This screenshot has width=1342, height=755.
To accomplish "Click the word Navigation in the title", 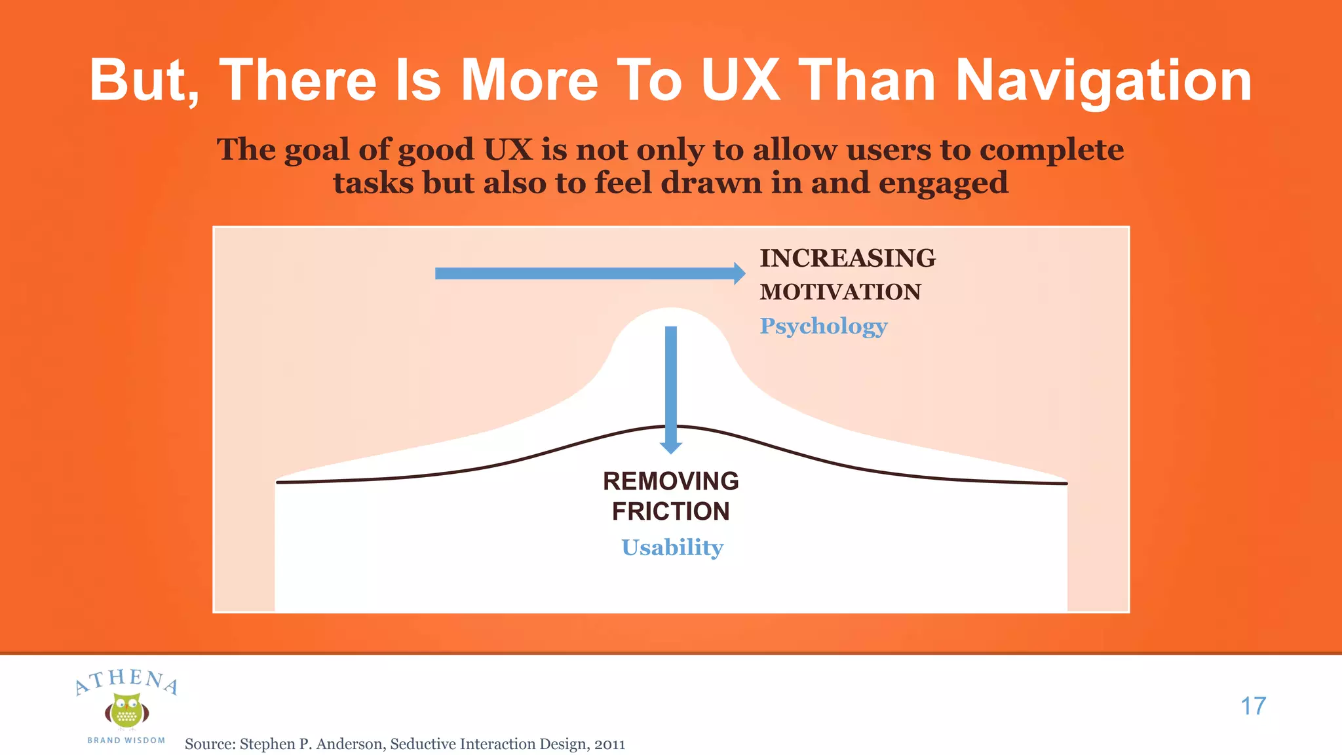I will point(1103,81).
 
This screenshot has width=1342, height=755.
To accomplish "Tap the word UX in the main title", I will point(740,81).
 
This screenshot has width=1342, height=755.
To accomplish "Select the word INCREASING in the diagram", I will point(847,258).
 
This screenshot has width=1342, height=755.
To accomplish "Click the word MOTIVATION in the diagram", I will point(840,292).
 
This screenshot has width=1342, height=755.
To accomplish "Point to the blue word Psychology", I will point(823,326).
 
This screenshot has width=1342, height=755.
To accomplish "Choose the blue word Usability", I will point(672,547).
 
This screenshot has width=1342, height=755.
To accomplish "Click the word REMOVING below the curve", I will point(670,481).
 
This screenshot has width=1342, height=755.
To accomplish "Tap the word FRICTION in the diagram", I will point(670,511).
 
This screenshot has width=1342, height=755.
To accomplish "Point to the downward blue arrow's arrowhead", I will point(670,448).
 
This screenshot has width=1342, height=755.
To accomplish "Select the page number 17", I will point(1253,706).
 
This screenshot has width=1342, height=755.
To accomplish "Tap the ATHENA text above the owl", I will point(126,680).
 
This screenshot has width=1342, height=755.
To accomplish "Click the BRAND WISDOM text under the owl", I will point(126,741).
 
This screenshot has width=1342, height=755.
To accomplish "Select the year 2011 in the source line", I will point(609,744).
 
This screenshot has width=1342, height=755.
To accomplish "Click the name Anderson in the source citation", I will point(350,744).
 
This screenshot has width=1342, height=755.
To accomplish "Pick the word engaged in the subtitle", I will point(943,183).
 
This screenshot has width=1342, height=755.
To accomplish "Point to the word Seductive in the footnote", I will point(423,744).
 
